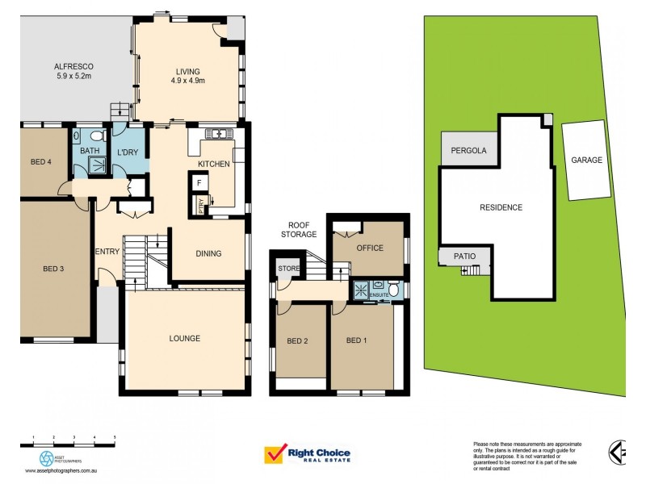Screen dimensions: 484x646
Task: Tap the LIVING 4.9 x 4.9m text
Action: pos(187,76)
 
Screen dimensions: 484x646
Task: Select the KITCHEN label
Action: pos(214,164)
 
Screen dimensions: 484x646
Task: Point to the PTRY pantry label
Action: pos(201,207)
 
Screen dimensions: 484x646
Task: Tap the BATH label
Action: pos(89,151)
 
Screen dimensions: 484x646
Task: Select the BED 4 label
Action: pos(41,162)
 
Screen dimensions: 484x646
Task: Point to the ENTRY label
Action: pos(107,252)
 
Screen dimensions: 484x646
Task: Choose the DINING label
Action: pos(208,253)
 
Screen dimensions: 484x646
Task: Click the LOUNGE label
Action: pos(184,338)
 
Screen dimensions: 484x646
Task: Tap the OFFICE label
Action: pos(370,248)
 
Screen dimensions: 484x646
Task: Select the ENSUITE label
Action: pos(380,296)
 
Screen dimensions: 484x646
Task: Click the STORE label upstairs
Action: pos(287,268)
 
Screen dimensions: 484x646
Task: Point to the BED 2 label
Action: pos(298,340)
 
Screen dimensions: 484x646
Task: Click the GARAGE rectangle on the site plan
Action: pos(587,161)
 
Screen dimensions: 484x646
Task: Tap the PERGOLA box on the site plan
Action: pos(468,151)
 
